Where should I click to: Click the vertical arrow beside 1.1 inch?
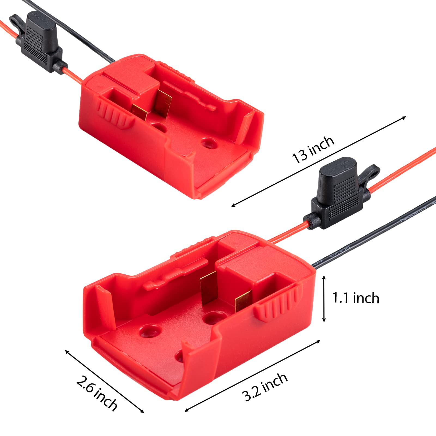(324, 298)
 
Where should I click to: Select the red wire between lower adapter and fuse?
(286, 232)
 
